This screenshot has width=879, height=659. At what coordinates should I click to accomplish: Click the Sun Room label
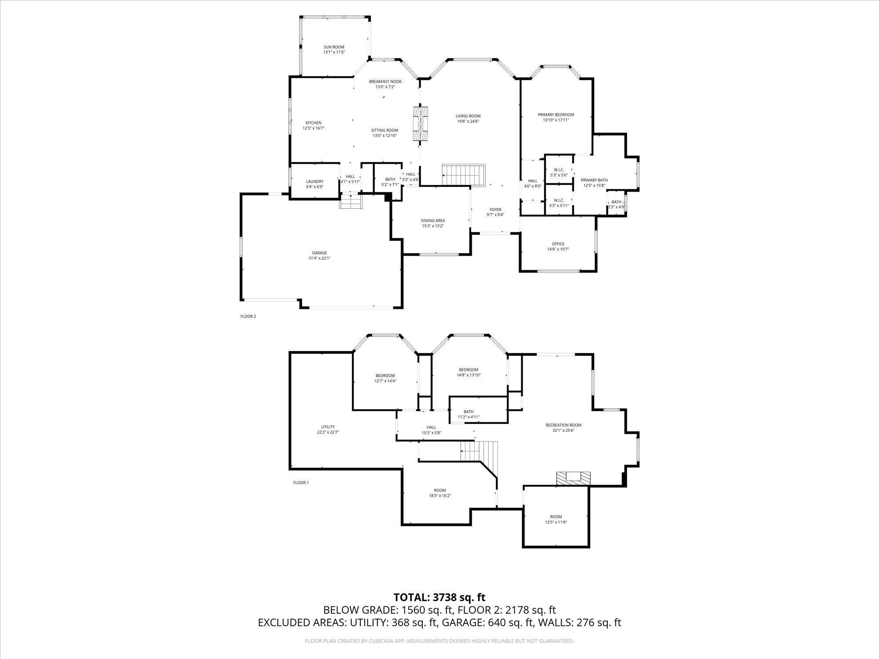334,47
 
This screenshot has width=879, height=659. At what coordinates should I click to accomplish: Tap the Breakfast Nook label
385,81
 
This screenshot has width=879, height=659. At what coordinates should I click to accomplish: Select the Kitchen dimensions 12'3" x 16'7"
313,128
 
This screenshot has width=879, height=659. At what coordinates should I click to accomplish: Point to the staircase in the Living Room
463,175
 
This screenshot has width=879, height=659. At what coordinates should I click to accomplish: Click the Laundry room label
315,181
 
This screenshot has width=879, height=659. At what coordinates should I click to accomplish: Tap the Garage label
320,253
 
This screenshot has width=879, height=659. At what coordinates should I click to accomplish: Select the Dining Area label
433,221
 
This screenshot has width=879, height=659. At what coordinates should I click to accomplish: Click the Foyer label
495,210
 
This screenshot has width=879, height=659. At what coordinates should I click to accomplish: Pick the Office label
558,244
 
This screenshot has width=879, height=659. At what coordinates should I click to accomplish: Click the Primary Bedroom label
556,115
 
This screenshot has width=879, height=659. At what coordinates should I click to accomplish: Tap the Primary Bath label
594,180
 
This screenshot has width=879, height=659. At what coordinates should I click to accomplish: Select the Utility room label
328,427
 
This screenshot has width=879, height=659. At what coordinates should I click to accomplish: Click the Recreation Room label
563,425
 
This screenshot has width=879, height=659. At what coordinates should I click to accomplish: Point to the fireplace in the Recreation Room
573,478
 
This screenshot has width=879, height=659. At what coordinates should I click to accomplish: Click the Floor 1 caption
301,482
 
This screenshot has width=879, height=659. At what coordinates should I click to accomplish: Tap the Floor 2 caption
248,316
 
